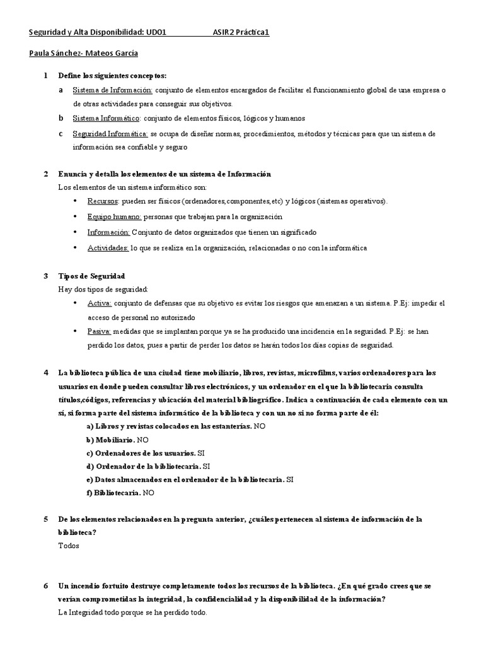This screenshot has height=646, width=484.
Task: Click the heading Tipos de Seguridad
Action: click(91, 276)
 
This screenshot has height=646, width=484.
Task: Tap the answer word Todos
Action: click(69, 546)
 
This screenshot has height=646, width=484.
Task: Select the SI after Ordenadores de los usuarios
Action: click(200, 453)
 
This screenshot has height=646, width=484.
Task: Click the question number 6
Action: click(46, 586)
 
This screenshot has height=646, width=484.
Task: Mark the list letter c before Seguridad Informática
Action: click(60, 134)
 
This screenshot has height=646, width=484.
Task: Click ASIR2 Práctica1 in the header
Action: click(241, 33)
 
